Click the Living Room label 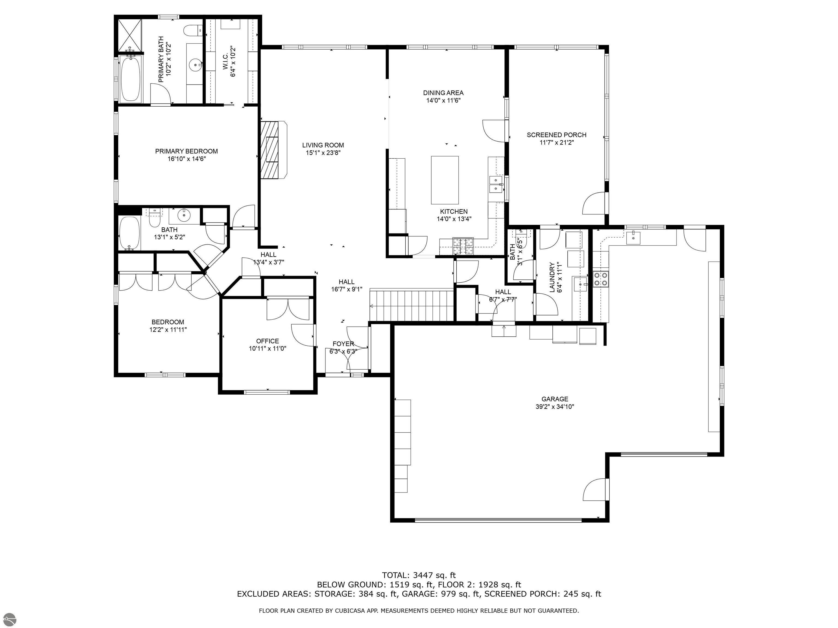323,145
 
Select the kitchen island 444,180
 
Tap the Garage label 554,399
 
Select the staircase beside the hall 412,305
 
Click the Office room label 267,341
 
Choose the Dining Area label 443,93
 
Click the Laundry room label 552,277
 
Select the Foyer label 343,344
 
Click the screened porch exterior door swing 594,204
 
